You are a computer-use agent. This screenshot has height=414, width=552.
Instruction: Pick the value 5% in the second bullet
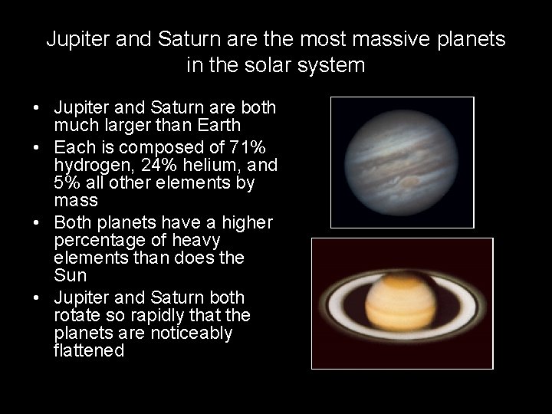tap(67, 182)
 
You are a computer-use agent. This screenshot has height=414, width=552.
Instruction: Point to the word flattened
tap(89, 351)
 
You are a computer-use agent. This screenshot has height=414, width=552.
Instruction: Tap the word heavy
tap(195, 240)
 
